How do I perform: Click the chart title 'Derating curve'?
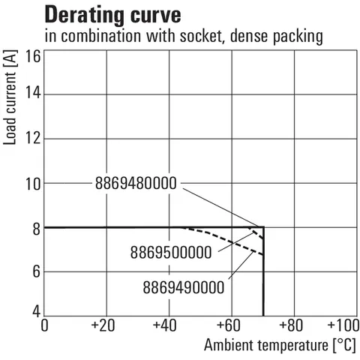pos(112,16)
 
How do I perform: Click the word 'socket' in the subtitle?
pos(201,36)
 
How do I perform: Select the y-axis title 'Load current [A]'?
pos(10,97)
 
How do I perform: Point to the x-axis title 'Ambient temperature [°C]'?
pos(280,345)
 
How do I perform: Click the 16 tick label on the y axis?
pos(33,56)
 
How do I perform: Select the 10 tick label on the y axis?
pos(33,184)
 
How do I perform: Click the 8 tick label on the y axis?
pos(37,229)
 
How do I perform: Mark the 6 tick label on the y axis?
pos(37,271)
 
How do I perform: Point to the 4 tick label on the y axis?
pos(37,311)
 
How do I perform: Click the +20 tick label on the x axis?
pos(103,325)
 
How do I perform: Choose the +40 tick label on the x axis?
pos(165,325)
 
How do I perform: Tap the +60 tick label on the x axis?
pos(229,325)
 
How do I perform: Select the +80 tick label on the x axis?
pos(291,325)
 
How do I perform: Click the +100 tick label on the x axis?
pos(343,325)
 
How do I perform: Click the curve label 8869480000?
pos(136,183)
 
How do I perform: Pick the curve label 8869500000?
pos(171,252)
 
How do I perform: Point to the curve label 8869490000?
pos(184,287)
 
